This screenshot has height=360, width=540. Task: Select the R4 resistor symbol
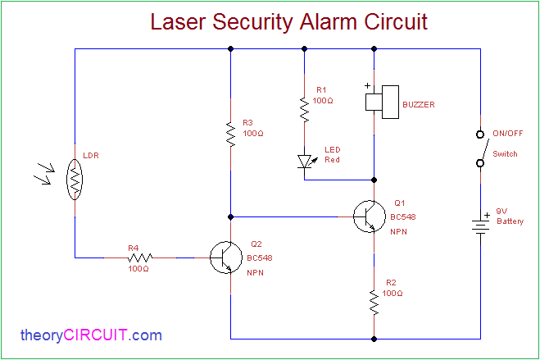tap(138, 257)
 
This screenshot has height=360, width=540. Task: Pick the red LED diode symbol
tap(305, 161)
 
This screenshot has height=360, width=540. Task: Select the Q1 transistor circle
tap(369, 216)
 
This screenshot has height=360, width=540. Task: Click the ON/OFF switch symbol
tap(481, 148)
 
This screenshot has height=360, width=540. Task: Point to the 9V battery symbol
tap(481, 224)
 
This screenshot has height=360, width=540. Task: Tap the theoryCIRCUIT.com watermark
tap(91, 335)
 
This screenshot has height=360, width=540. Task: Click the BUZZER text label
tap(418, 105)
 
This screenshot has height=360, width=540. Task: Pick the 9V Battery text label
tap(510, 216)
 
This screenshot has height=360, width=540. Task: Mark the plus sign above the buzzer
tap(368, 84)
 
